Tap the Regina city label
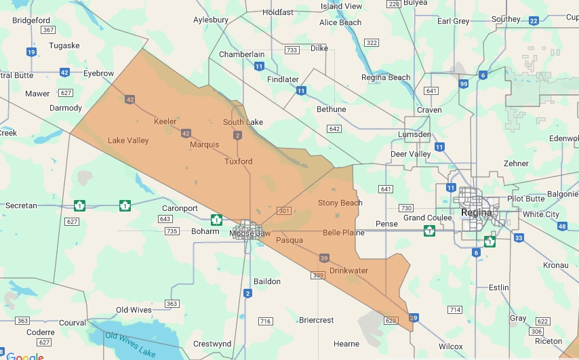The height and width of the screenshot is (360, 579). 475,212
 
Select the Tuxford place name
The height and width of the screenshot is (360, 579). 239,161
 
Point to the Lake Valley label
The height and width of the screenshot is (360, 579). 128,140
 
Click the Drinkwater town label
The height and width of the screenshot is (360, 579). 348,271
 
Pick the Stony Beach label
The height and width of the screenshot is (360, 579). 340,203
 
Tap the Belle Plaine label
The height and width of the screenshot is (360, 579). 343,233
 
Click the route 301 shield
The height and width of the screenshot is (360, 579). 284,212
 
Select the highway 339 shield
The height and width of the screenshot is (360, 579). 318,275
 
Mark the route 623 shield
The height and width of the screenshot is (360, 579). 390,320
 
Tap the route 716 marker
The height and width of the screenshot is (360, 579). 265,321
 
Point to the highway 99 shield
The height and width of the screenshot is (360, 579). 464,84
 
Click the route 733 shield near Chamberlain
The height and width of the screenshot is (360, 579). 292,50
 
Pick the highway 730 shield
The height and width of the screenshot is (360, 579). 406,207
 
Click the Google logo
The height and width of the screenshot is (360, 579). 24,356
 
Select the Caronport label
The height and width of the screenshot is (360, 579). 180,208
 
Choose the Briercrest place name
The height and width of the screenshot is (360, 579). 316,320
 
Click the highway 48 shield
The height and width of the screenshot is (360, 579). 562,226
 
